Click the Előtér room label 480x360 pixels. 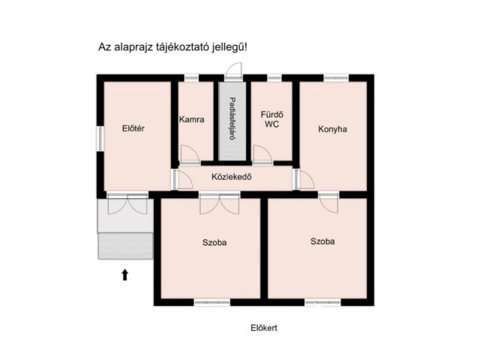pyautogui.click(x=133, y=128)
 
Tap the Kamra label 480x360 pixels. pyautogui.click(x=192, y=119)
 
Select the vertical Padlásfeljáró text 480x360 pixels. pyautogui.click(x=232, y=118)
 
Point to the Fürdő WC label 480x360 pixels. pyautogui.click(x=271, y=119)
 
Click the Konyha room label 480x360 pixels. pyautogui.click(x=332, y=129)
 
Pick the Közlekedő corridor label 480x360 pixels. pyautogui.click(x=232, y=177)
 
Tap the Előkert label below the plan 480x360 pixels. pyautogui.click(x=264, y=328)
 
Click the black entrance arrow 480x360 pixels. pyautogui.click(x=125, y=275)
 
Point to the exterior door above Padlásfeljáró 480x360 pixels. pyautogui.click(x=234, y=71)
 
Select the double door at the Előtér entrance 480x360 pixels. pyautogui.click(x=127, y=204)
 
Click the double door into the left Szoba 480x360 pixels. pyautogui.click(x=220, y=204)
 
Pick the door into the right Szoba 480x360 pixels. pyautogui.click(x=328, y=203)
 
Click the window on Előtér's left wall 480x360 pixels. pyautogui.click(x=100, y=139)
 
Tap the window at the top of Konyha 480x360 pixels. pyautogui.click(x=336, y=78)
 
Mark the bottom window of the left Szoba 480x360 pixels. pyautogui.click(x=212, y=302)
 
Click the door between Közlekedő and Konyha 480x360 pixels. pyautogui.click(x=304, y=180)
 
